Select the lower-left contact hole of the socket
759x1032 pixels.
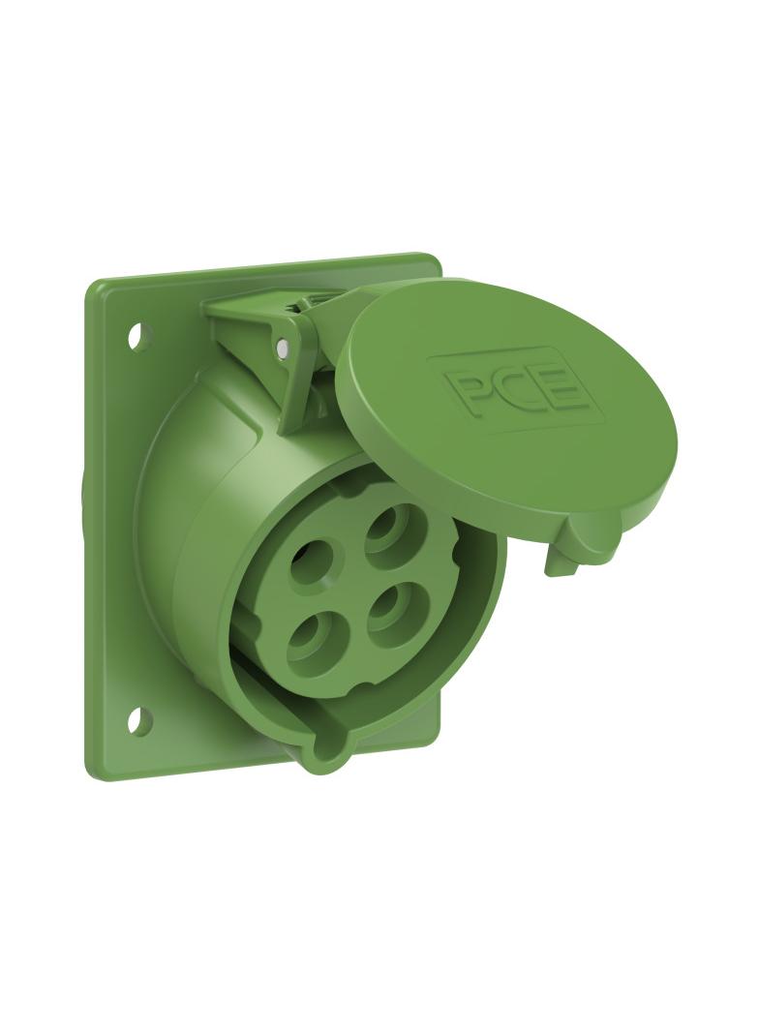coord(314,638)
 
